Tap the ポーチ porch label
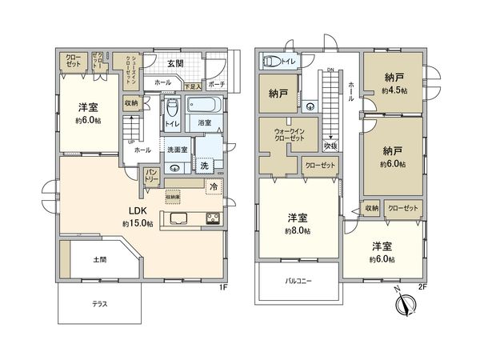[x=216, y=85]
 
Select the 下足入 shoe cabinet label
[x=191, y=85]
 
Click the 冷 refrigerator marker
[x=214, y=186]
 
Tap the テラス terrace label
[x=99, y=305]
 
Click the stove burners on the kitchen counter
[x=214, y=218]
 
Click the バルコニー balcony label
[x=298, y=282]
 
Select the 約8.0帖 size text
[x=298, y=230]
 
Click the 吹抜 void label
[x=330, y=146]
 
